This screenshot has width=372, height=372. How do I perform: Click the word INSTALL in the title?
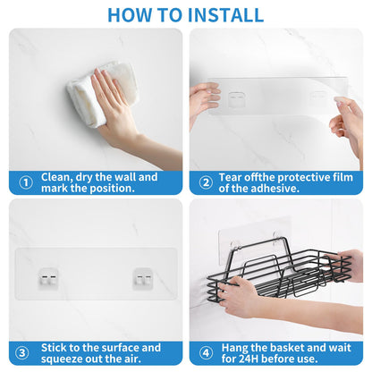pyautogui.click(x=225, y=15)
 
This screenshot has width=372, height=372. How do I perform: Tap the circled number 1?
pyautogui.click(x=26, y=182)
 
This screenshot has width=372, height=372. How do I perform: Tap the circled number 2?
pyautogui.click(x=206, y=182)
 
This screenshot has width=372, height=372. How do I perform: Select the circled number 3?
pyautogui.click(x=22, y=353)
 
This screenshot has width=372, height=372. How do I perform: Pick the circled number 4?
pyautogui.click(x=206, y=353)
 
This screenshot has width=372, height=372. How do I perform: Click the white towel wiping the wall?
pyautogui.click(x=101, y=92)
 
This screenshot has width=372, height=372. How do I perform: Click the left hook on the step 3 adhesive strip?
pyautogui.click(x=48, y=279)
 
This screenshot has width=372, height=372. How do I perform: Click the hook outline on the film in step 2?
pyautogui.click(x=237, y=100)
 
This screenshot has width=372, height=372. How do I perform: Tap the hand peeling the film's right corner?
pyautogui.click(x=347, y=125)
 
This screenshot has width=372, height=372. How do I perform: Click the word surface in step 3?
pyautogui.click(x=118, y=348)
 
